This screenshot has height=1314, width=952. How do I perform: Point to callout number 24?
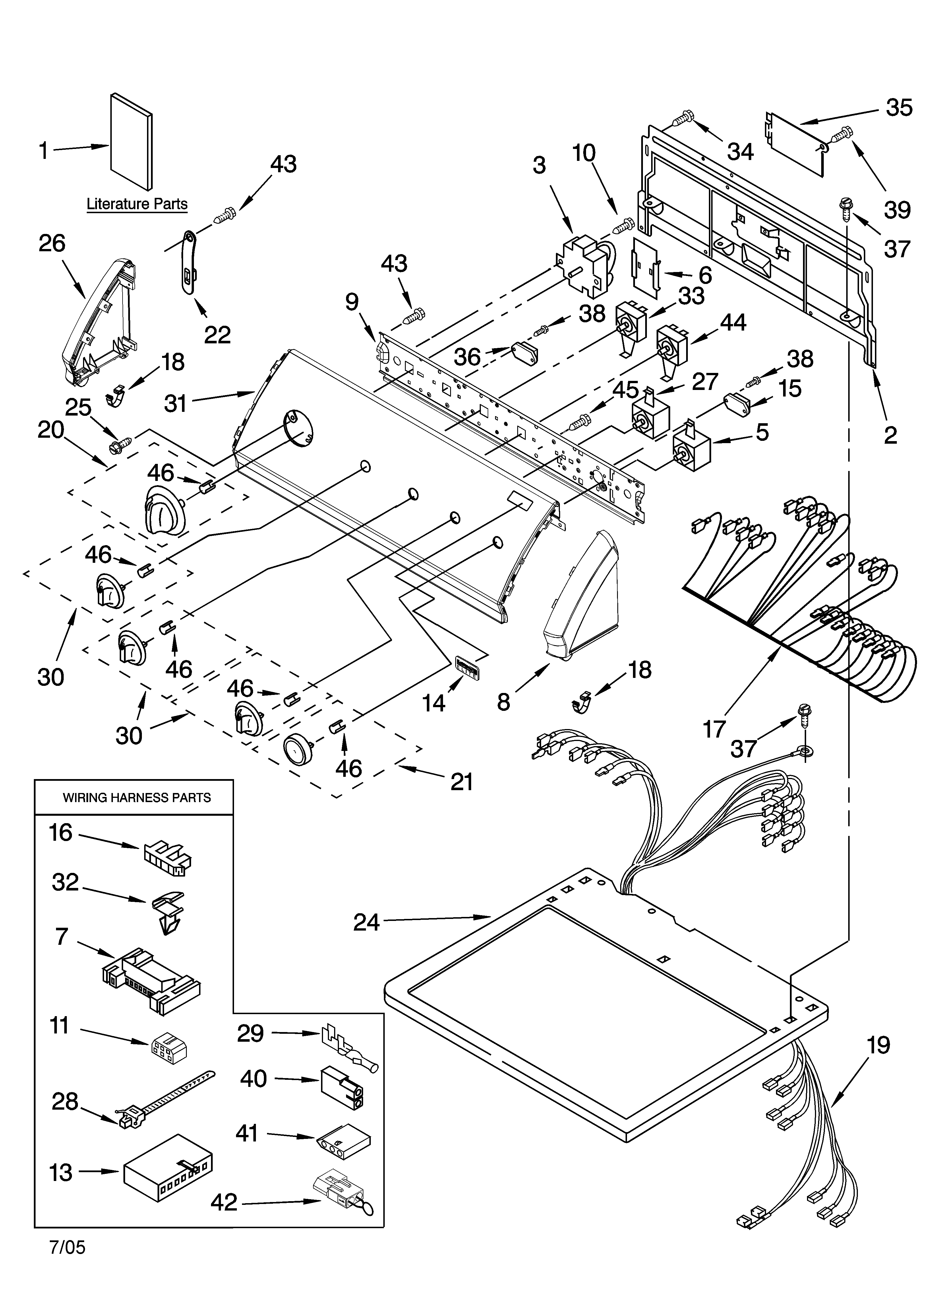367,922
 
